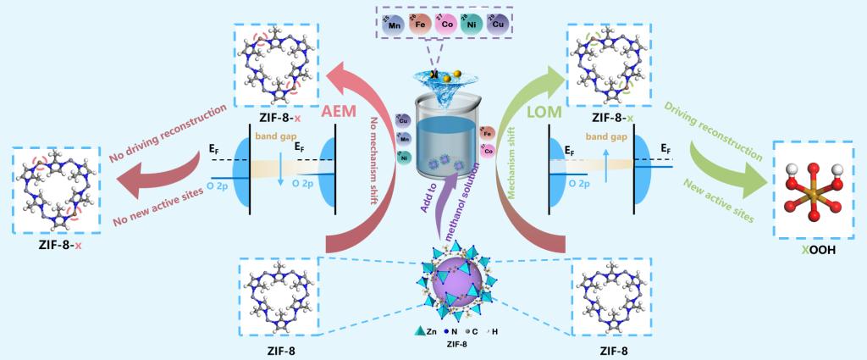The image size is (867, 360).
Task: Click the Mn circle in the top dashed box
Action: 393,25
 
